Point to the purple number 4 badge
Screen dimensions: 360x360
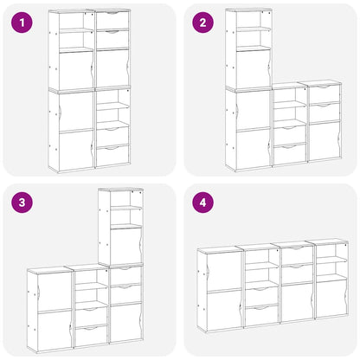click(x=202, y=202)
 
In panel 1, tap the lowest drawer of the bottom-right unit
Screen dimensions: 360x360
click(x=112, y=156)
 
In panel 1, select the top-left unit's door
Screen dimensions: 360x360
click(x=76, y=69)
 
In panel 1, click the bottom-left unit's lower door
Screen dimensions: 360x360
click(x=76, y=150)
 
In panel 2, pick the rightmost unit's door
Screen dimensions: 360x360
click(x=325, y=141)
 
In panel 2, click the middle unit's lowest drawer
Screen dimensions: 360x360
click(x=290, y=154)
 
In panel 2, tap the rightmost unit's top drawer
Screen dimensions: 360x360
click(x=325, y=93)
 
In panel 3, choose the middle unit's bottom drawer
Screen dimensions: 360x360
click(x=90, y=335)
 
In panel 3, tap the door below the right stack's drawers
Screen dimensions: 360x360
click(x=125, y=322)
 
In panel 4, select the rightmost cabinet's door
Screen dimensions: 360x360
click(x=331, y=297)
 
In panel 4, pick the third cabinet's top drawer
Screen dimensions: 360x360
click(x=296, y=254)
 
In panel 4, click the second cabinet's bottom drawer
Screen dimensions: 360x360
click(x=260, y=315)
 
